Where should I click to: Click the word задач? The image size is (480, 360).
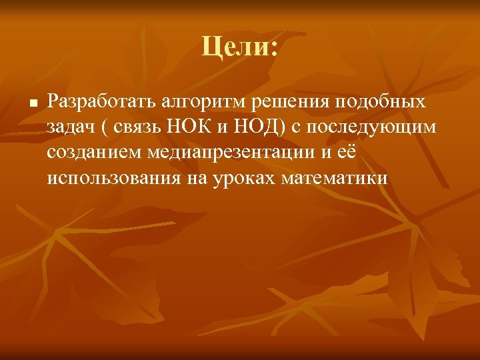tap(69, 128)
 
